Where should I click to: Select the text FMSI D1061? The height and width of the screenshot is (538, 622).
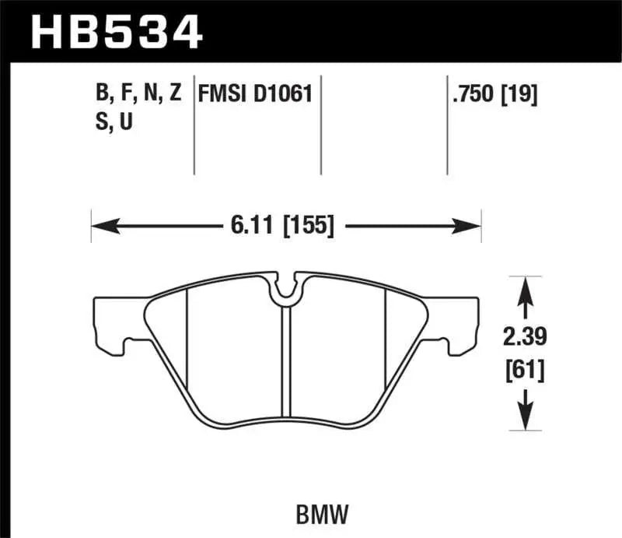[x=256, y=95]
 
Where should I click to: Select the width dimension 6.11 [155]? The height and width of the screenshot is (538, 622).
[x=281, y=227]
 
